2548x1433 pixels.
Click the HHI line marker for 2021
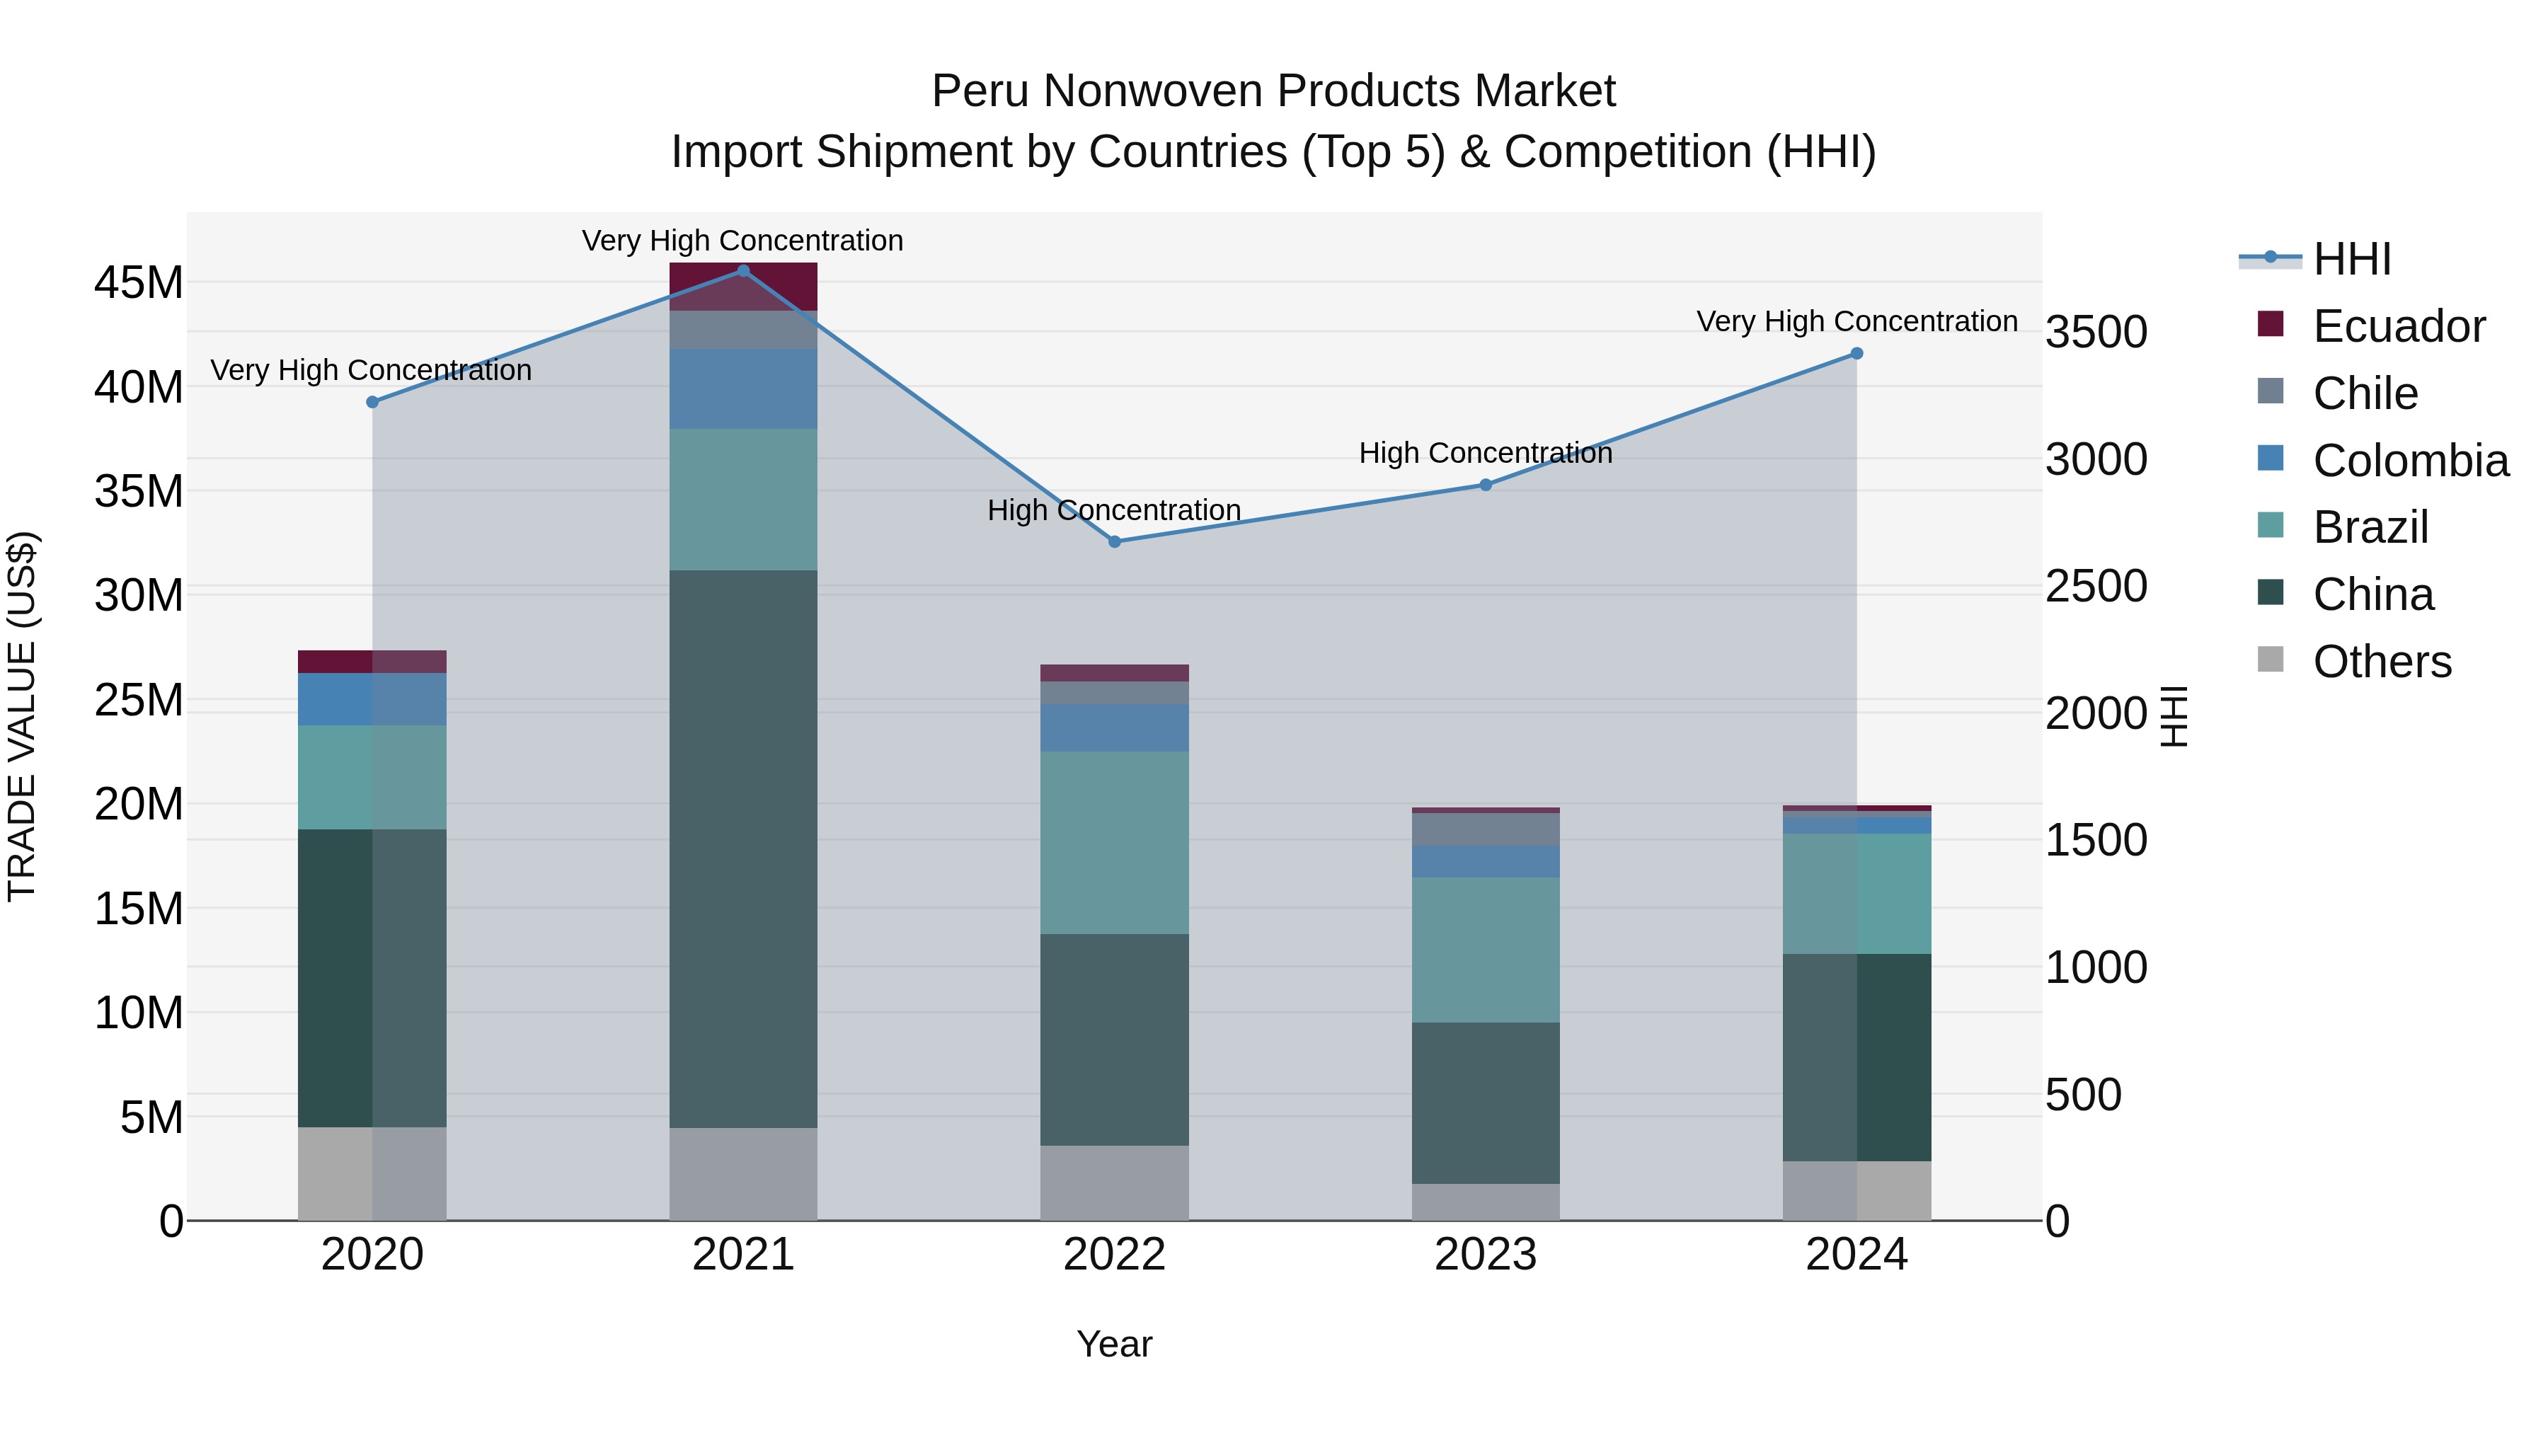(743, 271)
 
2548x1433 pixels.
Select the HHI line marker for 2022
(1115, 542)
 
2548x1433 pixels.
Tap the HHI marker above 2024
(1857, 354)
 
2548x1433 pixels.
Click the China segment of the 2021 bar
(743, 848)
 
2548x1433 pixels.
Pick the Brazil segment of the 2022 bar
(1115, 843)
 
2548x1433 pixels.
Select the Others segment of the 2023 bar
(1486, 1202)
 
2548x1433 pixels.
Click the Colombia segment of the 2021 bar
(743, 389)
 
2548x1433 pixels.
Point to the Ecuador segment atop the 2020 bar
(372, 662)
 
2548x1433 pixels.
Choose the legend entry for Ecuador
(2398, 326)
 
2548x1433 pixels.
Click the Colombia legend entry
(2409, 461)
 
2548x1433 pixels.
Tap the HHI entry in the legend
(2351, 259)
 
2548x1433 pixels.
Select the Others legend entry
(2382, 662)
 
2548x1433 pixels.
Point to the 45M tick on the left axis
(139, 283)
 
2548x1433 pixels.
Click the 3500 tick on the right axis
(2096, 333)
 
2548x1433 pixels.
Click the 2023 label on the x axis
(1486, 1255)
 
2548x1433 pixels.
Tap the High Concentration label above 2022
(1114, 510)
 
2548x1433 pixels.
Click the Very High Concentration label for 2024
(1857, 321)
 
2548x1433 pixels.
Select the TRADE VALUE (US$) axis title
(22, 716)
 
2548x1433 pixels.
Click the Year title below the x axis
(1114, 1344)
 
